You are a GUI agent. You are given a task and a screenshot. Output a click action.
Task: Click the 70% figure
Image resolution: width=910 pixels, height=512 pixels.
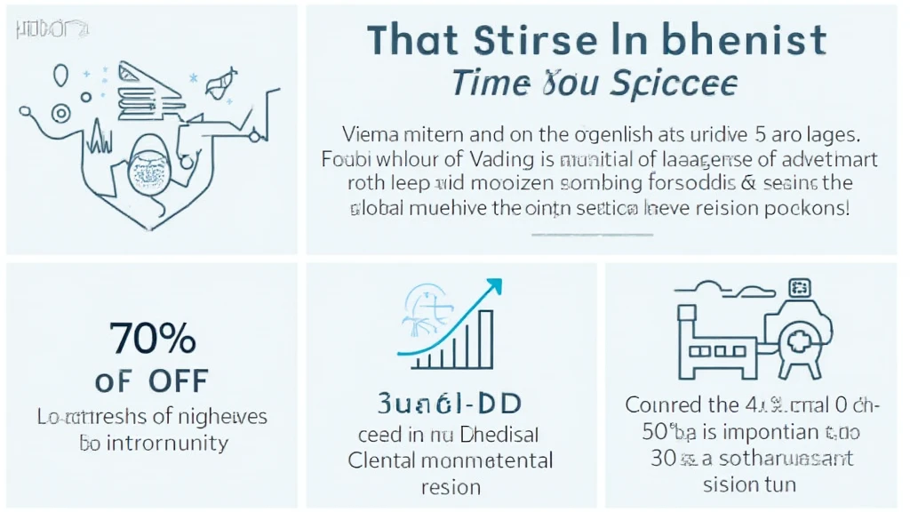(x=152, y=339)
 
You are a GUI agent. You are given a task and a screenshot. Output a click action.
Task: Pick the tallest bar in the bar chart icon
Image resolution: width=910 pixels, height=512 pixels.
(x=485, y=338)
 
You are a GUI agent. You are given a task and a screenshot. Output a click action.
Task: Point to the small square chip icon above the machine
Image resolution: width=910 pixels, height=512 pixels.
(x=801, y=288)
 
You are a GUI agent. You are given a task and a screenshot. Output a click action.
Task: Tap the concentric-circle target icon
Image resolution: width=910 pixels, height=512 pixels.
(x=60, y=113)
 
